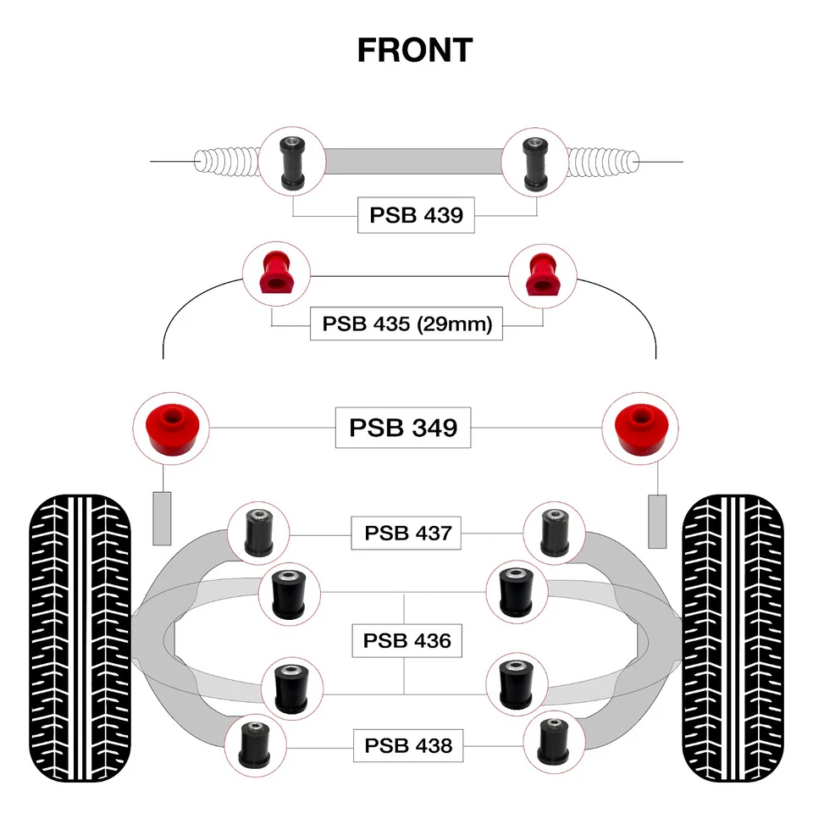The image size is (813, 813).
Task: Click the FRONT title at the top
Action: point(415,50)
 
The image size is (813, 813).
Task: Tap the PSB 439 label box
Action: point(416,215)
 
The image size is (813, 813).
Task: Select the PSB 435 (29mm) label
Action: point(406,324)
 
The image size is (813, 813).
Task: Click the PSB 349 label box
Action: point(403,428)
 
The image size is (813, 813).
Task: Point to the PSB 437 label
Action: point(406,533)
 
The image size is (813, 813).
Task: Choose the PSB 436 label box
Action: point(407,641)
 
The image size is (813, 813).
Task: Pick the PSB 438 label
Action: point(408,745)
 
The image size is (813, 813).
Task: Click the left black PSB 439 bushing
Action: point(292,163)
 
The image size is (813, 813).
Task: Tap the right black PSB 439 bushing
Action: point(535,163)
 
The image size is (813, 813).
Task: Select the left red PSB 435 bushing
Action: point(276,273)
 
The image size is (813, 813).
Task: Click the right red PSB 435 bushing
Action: point(542,274)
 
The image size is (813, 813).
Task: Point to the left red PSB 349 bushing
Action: point(171,429)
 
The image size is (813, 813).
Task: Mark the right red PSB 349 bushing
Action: point(641,429)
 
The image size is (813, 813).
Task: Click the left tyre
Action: point(80,638)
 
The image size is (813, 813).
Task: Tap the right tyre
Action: point(733,638)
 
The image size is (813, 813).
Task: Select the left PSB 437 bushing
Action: point(259,533)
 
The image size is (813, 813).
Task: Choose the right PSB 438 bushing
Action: point(554,743)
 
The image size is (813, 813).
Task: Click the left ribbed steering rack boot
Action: point(227,161)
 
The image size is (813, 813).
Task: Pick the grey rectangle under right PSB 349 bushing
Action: point(657,521)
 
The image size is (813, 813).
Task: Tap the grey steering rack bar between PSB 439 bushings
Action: point(414,161)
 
